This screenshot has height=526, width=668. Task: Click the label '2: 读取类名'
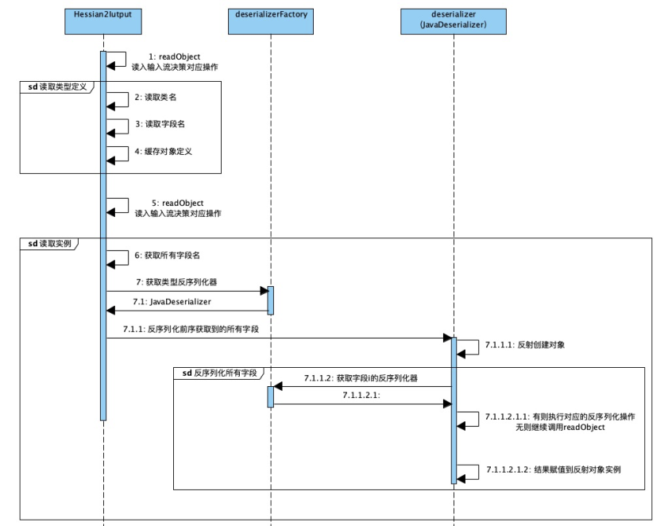pos(156,98)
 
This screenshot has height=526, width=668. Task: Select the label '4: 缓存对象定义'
pos(164,151)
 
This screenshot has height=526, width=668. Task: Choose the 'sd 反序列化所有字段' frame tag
pos(219,372)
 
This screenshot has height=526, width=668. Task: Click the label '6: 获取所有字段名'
pos(167,256)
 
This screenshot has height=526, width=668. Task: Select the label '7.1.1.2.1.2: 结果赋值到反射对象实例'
pos(553,470)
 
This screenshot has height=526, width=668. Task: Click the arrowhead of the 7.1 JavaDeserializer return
pos(111,311)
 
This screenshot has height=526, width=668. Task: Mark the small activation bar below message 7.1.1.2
pos(270,396)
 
